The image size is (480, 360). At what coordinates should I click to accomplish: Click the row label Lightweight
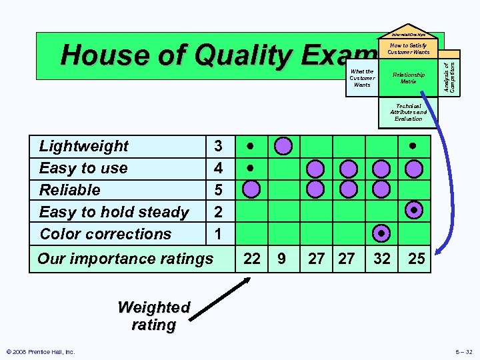tap(84, 146)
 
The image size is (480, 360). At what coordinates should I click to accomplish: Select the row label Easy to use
tap(83, 168)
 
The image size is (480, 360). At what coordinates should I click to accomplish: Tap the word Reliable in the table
tap(70, 190)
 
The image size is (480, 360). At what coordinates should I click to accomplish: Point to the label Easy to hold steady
tap(114, 212)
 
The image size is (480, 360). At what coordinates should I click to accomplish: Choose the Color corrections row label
tap(105, 234)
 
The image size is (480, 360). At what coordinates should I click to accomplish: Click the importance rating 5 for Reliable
tap(218, 190)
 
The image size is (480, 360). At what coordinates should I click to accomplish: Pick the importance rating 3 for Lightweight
tap(218, 146)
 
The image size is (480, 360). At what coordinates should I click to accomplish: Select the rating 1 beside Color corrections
tap(218, 234)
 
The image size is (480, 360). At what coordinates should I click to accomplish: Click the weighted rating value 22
tap(252, 259)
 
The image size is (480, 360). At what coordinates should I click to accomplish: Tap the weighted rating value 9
tap(282, 259)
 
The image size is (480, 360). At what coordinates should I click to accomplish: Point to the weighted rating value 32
tap(382, 259)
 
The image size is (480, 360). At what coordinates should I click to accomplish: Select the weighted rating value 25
tap(416, 259)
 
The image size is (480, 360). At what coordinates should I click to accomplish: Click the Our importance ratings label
tap(125, 259)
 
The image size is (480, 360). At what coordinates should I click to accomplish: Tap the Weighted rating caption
tap(154, 316)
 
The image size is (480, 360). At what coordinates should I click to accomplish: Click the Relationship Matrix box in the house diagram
tap(409, 78)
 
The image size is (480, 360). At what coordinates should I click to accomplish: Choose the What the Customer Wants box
tap(362, 78)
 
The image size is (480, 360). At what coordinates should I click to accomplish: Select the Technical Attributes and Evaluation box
tap(409, 112)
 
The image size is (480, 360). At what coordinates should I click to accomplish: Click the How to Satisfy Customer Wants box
tap(409, 49)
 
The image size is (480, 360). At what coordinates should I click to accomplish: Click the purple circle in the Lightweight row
tap(284, 145)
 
